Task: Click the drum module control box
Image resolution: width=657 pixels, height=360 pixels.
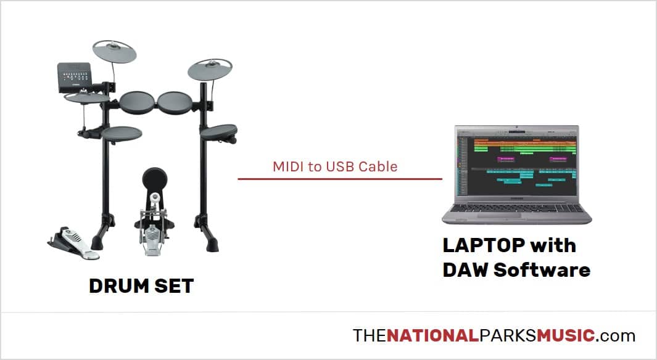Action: click(x=75, y=77)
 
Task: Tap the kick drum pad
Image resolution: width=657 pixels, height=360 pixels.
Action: click(x=155, y=179)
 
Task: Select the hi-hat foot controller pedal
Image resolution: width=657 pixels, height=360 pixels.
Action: click(x=74, y=243)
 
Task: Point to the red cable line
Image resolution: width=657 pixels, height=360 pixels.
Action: click(x=340, y=179)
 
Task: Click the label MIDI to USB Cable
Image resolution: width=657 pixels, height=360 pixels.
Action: click(x=335, y=166)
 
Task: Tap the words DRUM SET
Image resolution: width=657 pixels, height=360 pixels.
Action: click(x=142, y=286)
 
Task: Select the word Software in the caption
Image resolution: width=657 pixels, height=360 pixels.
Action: click(x=542, y=270)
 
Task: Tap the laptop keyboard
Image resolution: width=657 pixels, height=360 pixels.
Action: click(x=517, y=208)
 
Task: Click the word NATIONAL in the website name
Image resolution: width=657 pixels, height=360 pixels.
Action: click(x=432, y=335)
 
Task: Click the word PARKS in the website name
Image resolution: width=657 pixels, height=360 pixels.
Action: click(x=508, y=335)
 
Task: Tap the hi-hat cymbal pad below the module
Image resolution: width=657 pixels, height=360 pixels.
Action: click(x=87, y=98)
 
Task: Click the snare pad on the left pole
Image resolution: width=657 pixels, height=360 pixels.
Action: click(x=122, y=134)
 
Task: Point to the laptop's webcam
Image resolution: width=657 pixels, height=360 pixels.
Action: click(x=517, y=127)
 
